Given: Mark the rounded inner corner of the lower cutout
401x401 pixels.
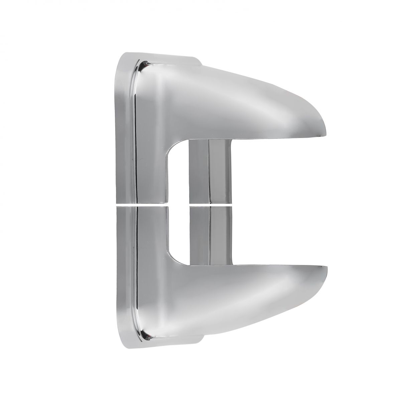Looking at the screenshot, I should pyautogui.click(x=174, y=257).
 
